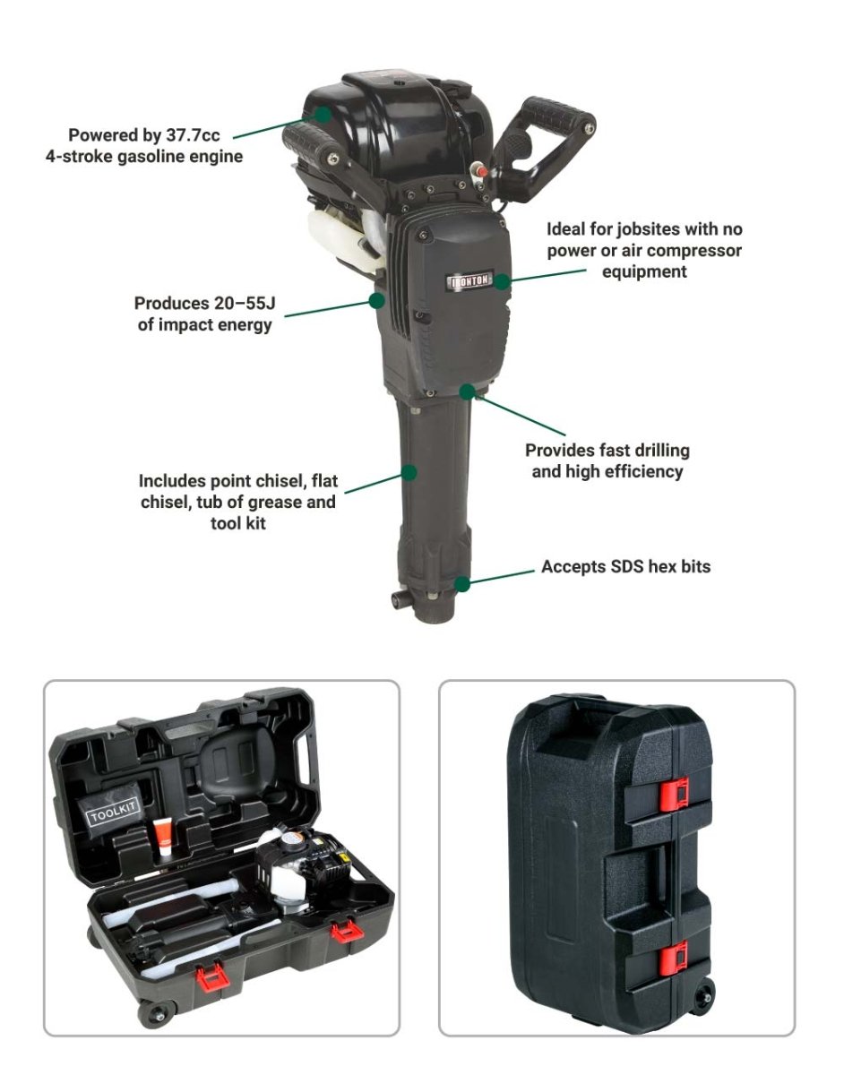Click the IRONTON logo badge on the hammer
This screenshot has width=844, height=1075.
[470, 280]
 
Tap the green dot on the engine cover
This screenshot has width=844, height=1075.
[323, 115]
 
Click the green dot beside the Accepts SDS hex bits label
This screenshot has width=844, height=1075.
[462, 584]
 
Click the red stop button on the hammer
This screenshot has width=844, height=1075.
[481, 171]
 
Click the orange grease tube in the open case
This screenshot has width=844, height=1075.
[162, 838]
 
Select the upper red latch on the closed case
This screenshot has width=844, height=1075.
[674, 795]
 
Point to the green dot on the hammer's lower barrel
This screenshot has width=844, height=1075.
[409, 472]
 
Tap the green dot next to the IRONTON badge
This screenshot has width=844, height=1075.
[502, 281]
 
